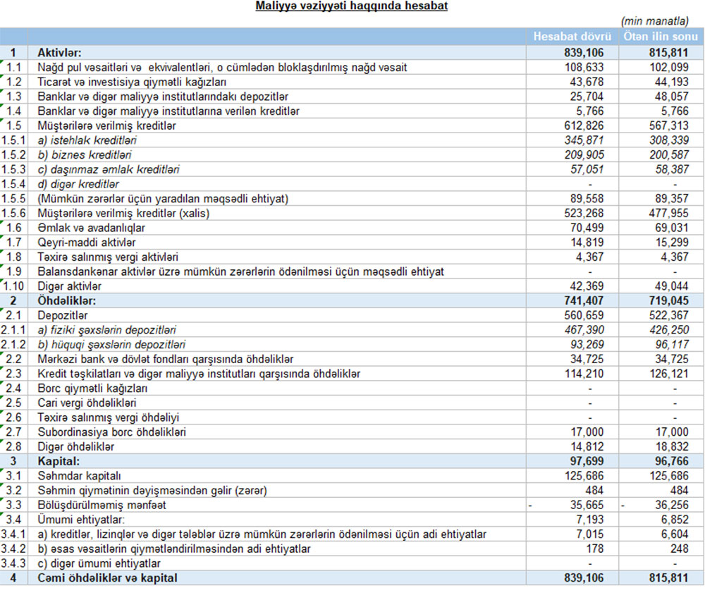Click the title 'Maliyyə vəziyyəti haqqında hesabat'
[352, 6]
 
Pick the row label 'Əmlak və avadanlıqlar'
[92, 228]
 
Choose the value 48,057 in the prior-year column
[668, 97]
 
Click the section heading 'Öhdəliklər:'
[68, 300]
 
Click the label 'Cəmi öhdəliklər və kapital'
[107, 578]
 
